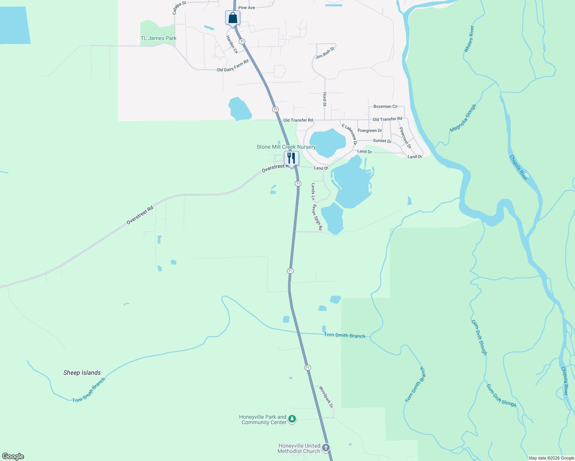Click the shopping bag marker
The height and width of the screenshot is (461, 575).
pos(233,18)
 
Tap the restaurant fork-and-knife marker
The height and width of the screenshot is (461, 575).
pos(291,158)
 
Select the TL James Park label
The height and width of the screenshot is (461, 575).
pos(158,38)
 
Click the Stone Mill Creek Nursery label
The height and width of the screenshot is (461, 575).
pos(286,147)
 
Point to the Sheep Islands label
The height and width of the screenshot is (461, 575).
pos(82,373)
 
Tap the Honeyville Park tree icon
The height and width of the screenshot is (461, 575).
pos(292,419)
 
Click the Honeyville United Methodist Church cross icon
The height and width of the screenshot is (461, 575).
pos(326,448)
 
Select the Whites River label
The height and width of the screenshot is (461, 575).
pos(469,39)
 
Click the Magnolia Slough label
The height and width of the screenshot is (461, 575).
pos(463,118)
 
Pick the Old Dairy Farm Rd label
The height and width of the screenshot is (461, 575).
pos(233,66)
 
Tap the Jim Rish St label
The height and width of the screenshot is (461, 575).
pos(325,53)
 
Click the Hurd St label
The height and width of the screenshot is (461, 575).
pos(325,99)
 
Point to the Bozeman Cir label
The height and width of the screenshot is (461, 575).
pos(386,106)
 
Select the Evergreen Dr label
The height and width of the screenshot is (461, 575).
pos(370,131)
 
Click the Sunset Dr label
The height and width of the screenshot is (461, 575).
pos(382,141)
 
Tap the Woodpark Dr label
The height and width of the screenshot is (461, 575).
pos(326,397)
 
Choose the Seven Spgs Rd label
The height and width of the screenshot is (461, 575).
pos(317,217)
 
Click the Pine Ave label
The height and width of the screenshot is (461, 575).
pos(246,8)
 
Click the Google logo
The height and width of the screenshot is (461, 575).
pos(13,456)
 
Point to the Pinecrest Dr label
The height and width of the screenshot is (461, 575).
pos(405,138)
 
